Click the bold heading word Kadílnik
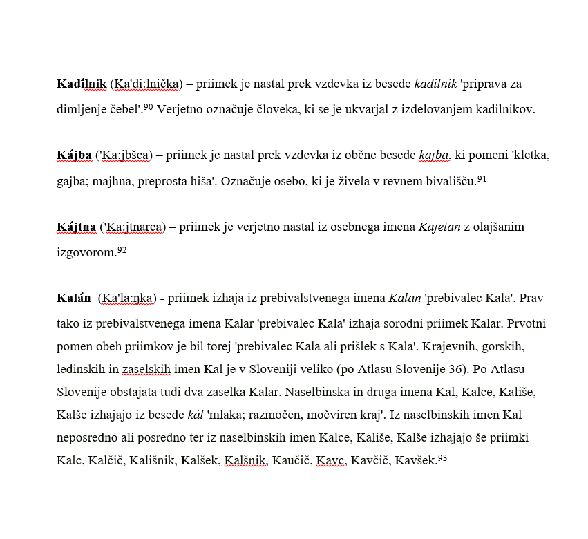point(82,84)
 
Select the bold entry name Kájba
point(74,155)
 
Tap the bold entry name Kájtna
point(76,227)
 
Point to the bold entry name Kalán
point(74,299)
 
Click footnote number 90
point(148,106)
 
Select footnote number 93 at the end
point(443,457)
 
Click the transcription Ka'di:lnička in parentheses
point(146,84)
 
